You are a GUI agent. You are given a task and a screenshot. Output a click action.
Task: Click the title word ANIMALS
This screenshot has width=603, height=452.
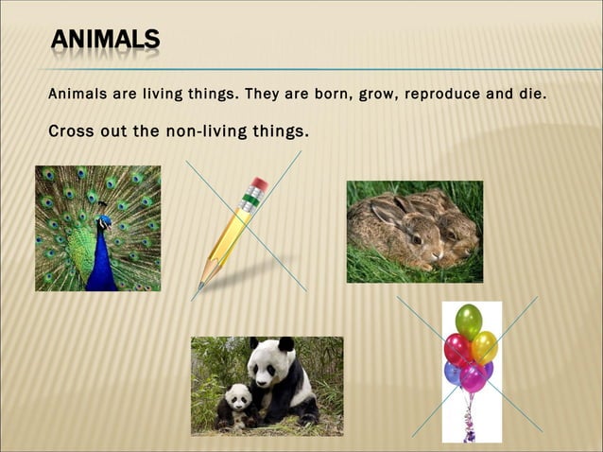pos(104,39)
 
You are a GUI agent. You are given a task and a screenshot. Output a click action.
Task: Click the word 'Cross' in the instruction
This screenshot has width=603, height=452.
pos(72,130)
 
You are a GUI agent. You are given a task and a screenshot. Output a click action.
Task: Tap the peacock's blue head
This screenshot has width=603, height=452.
pos(104,221)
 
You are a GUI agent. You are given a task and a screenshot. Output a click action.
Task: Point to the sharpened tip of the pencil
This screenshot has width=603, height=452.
pos(201,284)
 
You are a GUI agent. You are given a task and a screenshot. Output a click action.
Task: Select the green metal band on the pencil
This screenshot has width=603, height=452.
pos(250,200)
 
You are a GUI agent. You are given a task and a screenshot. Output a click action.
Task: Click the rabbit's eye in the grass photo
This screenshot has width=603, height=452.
pos(416,240)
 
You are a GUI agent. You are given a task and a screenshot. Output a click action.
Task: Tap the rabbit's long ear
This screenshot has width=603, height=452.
pos(388,216)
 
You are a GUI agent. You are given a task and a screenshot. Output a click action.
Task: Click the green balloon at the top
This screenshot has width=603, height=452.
pos(469,322)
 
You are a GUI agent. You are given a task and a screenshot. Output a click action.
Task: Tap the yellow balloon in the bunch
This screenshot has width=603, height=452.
pos(485,346)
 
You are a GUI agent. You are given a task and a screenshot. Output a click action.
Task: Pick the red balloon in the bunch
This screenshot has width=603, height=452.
pos(457,349)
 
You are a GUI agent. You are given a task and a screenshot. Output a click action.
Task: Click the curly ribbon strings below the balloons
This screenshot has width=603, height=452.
pos(469,416)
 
